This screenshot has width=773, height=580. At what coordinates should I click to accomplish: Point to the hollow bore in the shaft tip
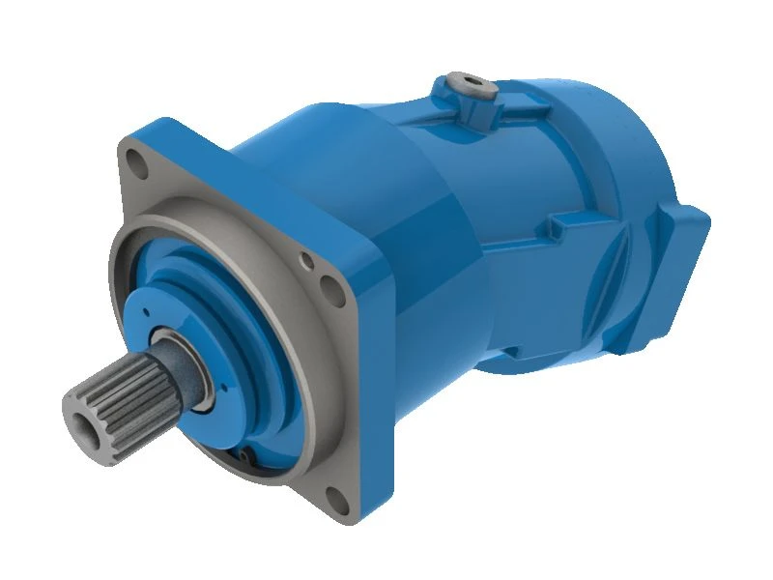click(81, 411)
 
